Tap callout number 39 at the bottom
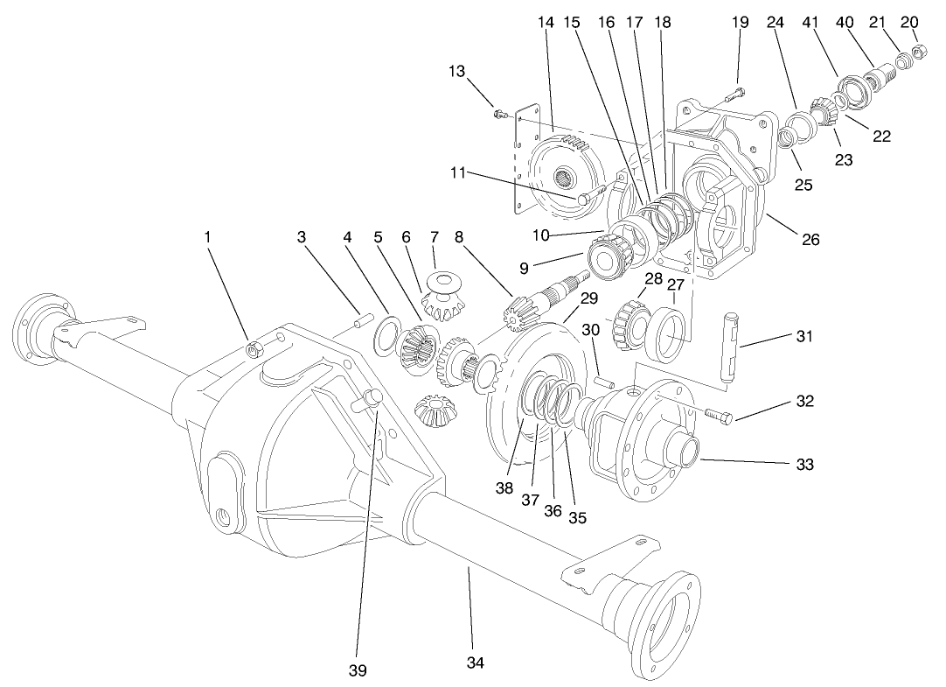click(357, 670)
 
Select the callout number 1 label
click(207, 236)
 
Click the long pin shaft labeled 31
click(730, 345)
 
